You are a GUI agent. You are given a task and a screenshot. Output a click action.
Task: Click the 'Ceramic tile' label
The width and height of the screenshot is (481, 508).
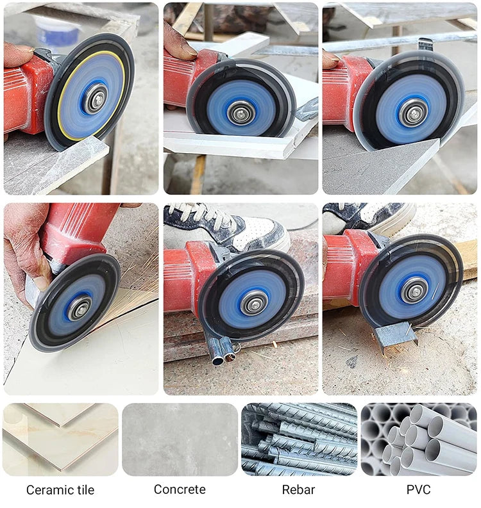tap(60, 490)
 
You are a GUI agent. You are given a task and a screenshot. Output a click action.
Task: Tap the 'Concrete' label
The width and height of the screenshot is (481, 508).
tap(180, 489)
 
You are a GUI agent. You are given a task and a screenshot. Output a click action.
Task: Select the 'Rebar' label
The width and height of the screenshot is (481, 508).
tap(298, 490)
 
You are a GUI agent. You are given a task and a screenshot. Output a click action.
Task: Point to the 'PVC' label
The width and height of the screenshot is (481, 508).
tap(418, 490)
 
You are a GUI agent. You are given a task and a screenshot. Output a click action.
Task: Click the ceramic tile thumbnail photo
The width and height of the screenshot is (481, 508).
tap(60, 439)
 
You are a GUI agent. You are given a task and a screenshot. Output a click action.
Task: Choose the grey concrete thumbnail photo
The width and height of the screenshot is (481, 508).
tap(180, 439)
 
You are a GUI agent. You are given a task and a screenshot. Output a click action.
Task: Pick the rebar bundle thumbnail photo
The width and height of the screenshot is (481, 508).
tap(299, 439)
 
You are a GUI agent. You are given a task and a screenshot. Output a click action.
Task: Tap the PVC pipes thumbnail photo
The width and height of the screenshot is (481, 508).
tap(419, 439)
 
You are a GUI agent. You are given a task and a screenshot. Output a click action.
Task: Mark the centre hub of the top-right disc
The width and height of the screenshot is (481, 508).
tap(413, 111)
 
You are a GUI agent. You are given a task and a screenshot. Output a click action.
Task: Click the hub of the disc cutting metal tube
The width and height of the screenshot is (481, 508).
tap(255, 302)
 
